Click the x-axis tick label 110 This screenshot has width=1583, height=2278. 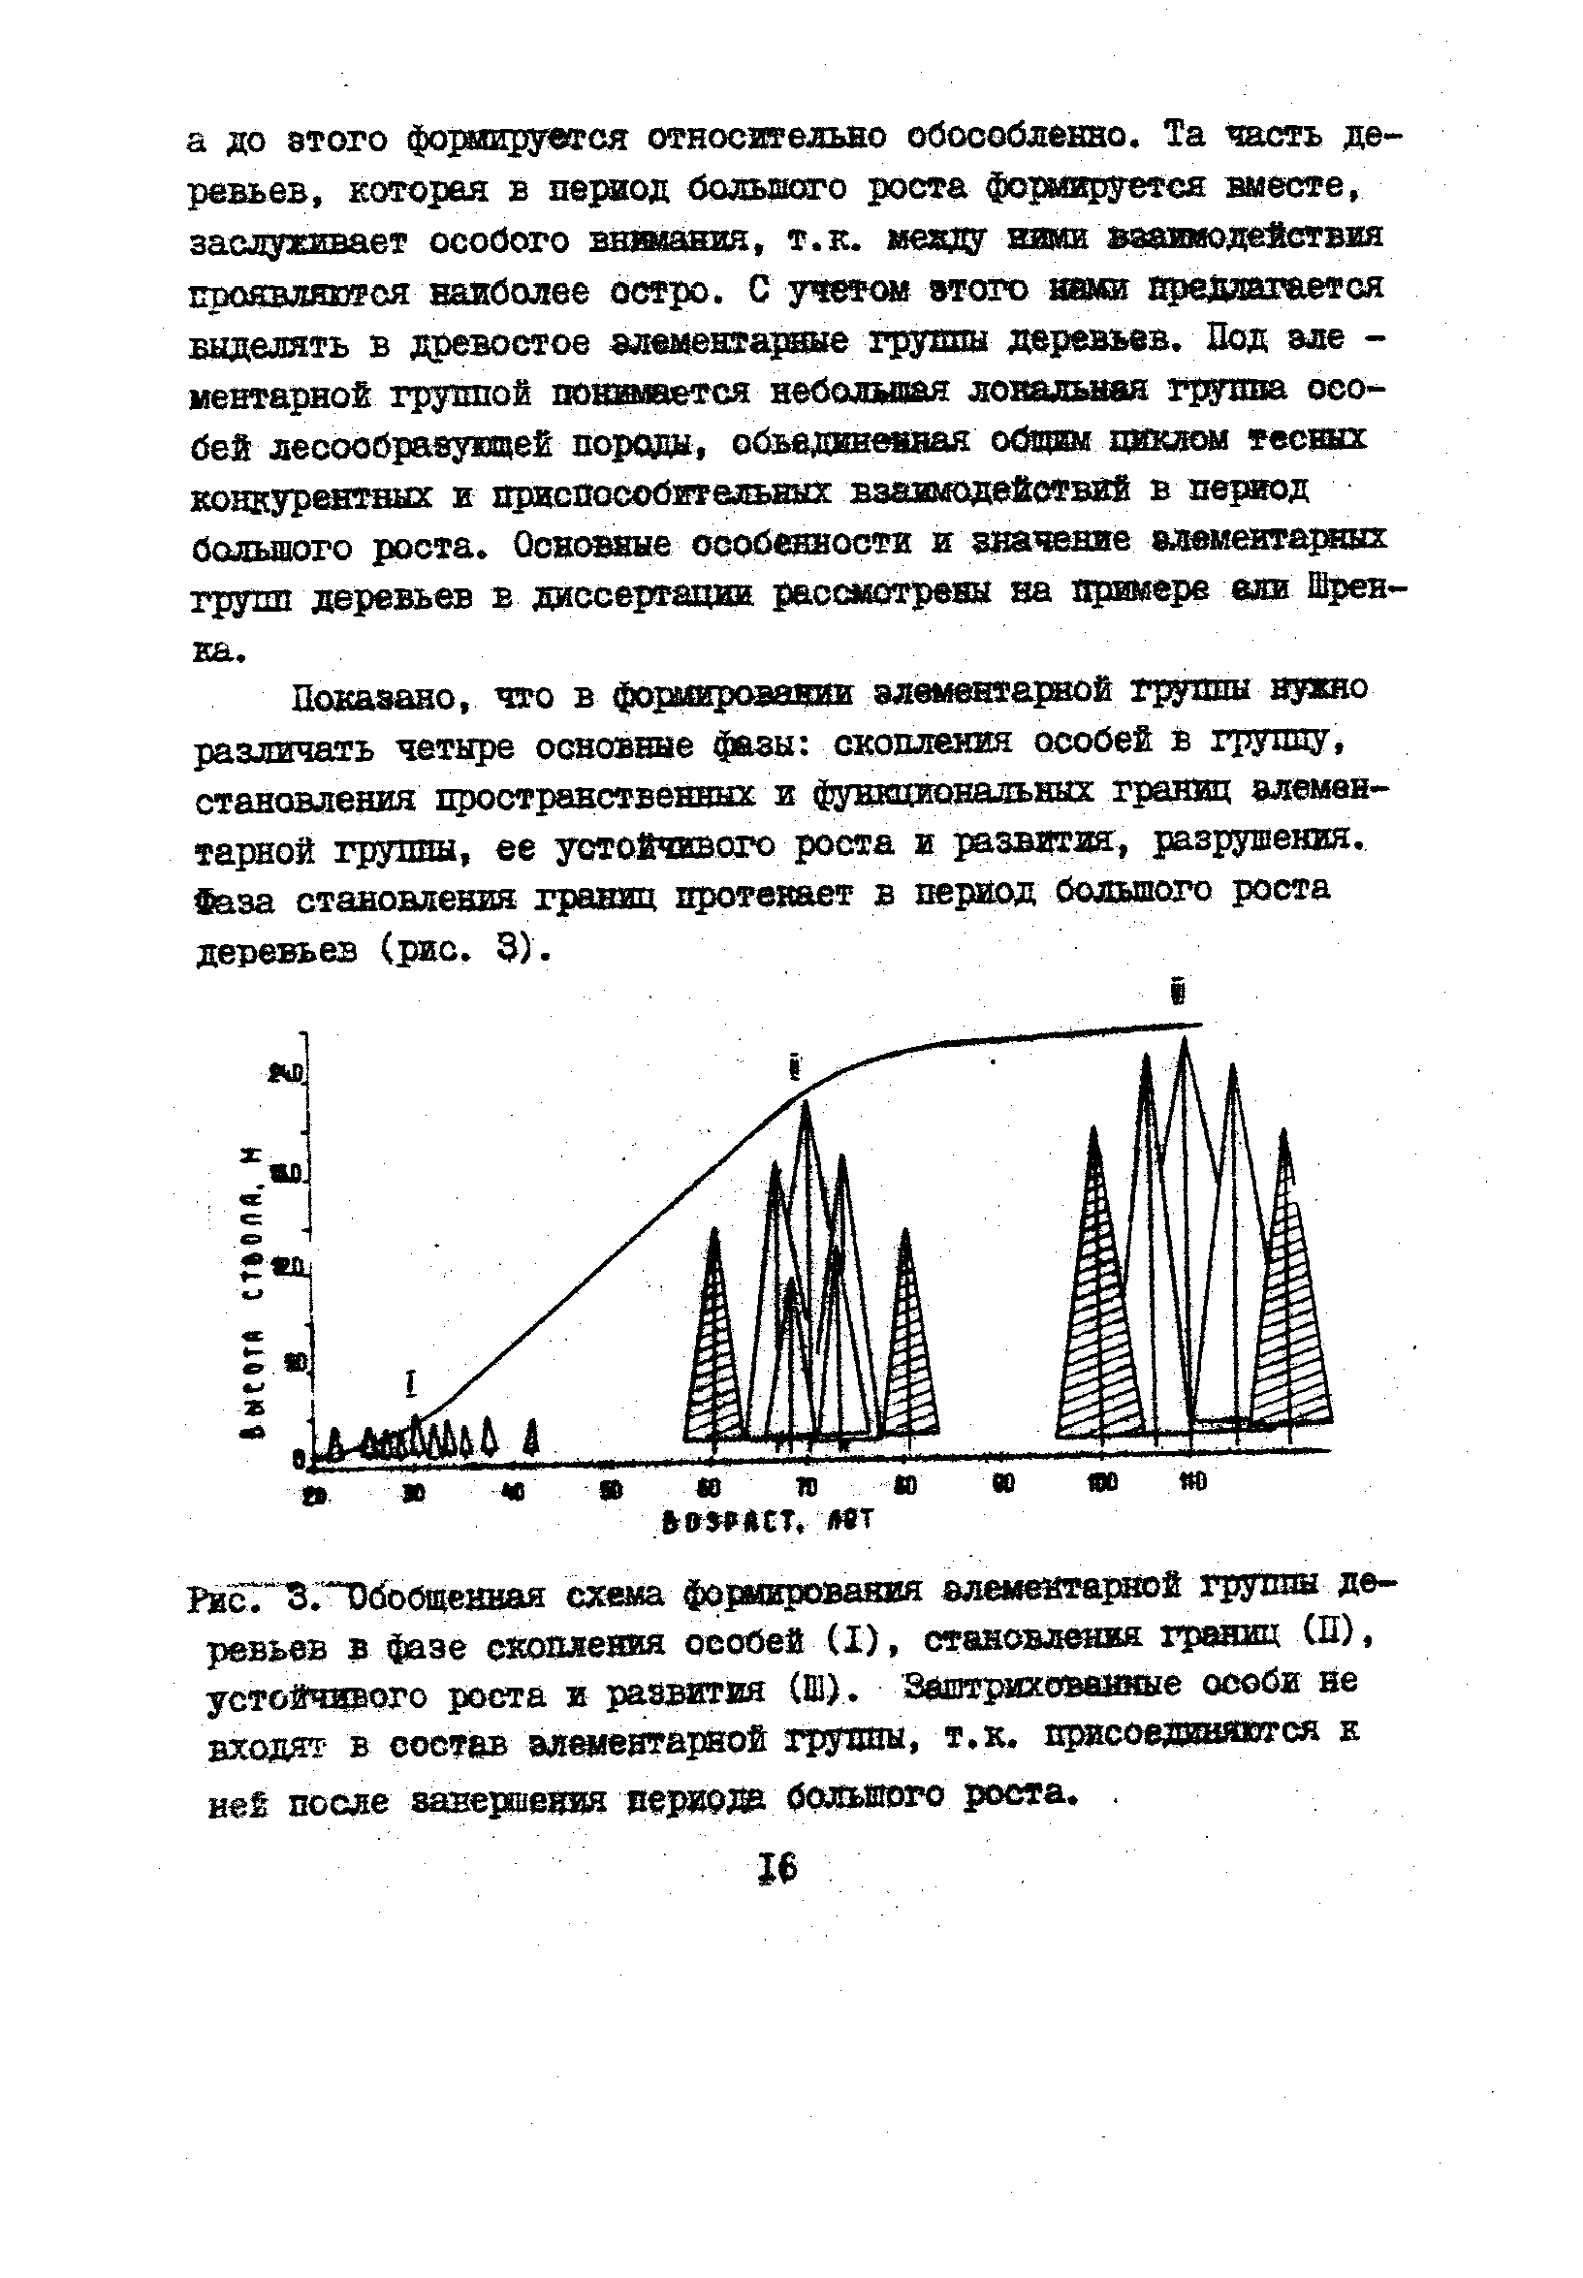[x=1192, y=1481]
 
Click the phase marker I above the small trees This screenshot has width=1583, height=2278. [x=412, y=1383]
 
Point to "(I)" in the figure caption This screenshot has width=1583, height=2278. [x=850, y=1642]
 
